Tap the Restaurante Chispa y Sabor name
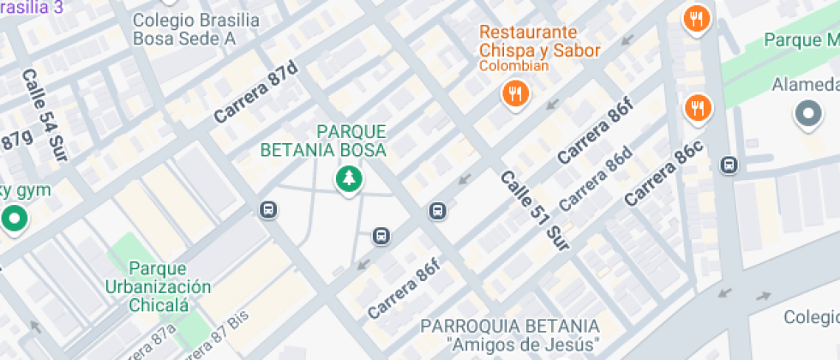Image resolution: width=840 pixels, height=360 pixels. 539,41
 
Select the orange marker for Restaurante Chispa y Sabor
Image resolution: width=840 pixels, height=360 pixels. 515,94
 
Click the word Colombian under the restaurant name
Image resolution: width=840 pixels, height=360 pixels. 513,66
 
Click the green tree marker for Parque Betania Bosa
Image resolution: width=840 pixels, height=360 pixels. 348,180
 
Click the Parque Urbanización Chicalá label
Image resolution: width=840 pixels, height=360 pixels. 158,286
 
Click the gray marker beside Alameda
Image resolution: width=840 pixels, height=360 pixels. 807,113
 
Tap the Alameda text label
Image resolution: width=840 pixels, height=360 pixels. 805,85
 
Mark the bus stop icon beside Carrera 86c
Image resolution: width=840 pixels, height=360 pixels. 729,165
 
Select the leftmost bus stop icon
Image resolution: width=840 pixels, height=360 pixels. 267,210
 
